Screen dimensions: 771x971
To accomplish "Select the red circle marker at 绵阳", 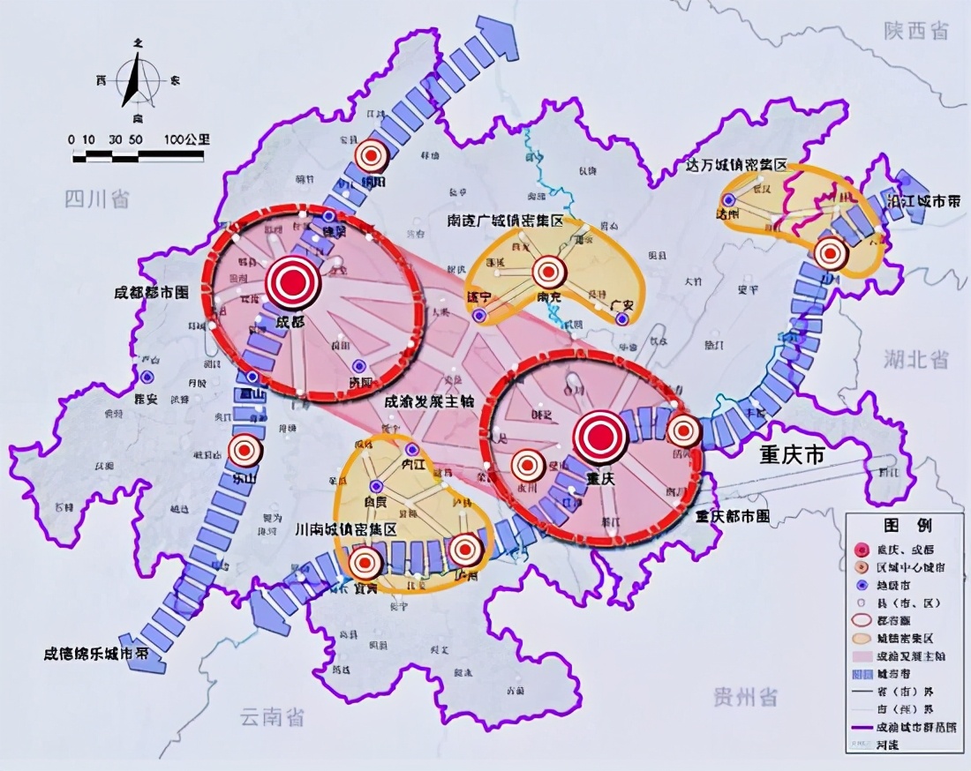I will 372,156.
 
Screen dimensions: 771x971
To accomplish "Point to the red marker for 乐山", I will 245,451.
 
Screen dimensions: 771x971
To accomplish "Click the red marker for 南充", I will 549,271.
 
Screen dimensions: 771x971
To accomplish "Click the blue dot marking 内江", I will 411,450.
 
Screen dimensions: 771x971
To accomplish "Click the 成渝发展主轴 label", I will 429,400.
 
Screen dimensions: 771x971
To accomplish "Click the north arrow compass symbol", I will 137,79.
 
